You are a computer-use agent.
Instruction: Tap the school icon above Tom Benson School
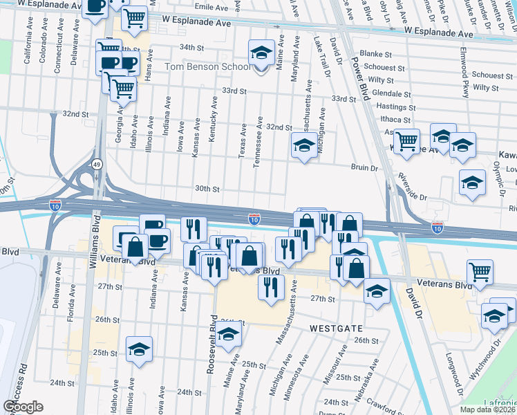(261, 52)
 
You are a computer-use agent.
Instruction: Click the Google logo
(23, 407)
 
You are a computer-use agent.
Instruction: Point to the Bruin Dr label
(364, 168)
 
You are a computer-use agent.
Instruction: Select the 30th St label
(207, 189)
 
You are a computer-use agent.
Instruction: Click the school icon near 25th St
(139, 349)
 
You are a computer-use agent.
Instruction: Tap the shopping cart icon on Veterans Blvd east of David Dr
(480, 272)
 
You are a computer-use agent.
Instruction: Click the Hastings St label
(391, 107)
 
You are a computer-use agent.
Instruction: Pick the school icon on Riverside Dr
(473, 183)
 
